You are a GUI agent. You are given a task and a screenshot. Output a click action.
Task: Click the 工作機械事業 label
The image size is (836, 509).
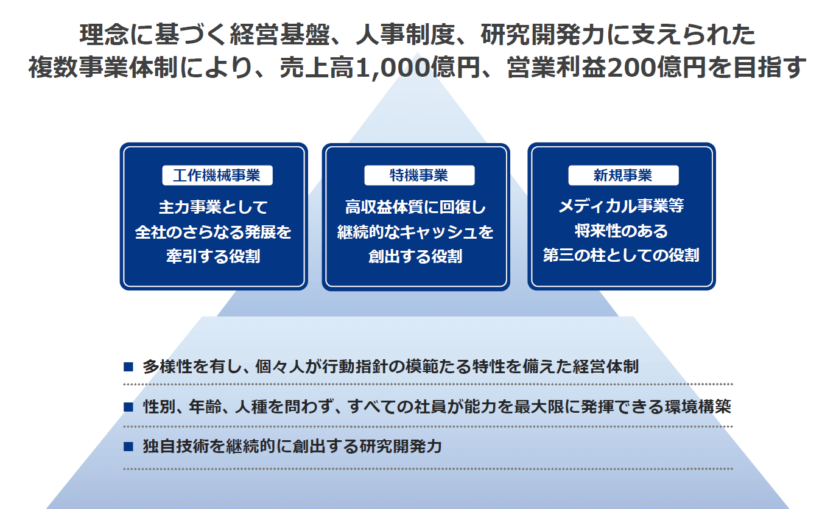tap(217, 175)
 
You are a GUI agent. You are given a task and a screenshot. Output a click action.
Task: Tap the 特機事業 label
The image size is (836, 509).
tap(420, 175)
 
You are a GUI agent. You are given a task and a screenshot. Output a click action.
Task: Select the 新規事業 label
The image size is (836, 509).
tap(623, 175)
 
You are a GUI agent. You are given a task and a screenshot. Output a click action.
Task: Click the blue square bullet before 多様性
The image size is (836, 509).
tap(128, 367)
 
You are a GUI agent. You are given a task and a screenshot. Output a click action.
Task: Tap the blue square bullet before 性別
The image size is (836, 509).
tap(128, 407)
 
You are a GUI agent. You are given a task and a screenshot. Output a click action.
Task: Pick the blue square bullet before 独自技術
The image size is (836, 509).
tap(128, 447)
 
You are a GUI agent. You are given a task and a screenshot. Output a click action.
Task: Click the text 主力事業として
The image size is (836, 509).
tap(214, 207)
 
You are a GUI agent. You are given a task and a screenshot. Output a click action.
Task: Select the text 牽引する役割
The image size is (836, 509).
tap(214, 256)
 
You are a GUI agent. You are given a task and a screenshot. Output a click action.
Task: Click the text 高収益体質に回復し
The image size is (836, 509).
tap(416, 207)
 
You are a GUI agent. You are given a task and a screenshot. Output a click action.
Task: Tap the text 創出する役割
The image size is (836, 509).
tap(416, 256)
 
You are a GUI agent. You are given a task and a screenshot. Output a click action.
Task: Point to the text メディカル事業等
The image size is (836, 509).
tap(622, 206)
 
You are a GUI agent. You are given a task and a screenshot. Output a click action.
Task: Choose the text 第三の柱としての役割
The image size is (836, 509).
tap(622, 255)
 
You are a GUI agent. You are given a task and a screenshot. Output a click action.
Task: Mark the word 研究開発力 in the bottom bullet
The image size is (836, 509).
tap(401, 446)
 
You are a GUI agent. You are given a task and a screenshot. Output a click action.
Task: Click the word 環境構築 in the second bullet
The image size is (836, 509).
tap(698, 406)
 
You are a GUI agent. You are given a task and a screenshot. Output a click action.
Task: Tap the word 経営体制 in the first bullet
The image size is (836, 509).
tap(605, 367)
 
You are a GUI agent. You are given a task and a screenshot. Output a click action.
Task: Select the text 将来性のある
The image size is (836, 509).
tap(622, 231)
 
